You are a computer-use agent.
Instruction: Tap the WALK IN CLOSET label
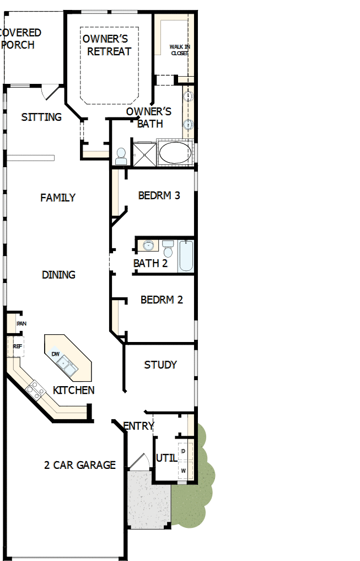tap(179, 50)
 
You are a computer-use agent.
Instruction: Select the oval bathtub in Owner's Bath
tap(175, 153)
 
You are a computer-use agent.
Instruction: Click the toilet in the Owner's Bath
tap(121, 156)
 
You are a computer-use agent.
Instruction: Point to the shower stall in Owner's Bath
tap(144, 154)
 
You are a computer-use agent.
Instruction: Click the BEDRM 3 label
tap(159, 195)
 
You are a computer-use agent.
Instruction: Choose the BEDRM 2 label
tap(162, 300)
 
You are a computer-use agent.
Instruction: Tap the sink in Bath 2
tap(148, 245)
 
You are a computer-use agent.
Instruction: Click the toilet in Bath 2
tap(168, 249)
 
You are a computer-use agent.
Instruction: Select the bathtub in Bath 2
tap(186, 256)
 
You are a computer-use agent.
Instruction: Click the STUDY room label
tap(160, 365)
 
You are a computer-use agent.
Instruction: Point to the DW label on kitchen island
tap(55, 354)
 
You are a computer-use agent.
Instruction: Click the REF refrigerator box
tap(17, 347)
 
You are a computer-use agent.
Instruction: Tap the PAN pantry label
tap(21, 324)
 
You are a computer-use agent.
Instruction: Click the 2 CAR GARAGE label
tap(80, 465)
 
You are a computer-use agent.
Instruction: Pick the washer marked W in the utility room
tap(184, 471)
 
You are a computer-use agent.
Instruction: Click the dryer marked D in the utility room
tap(184, 451)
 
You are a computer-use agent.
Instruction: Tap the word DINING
tap(58, 275)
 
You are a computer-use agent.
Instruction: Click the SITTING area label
tap(41, 117)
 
